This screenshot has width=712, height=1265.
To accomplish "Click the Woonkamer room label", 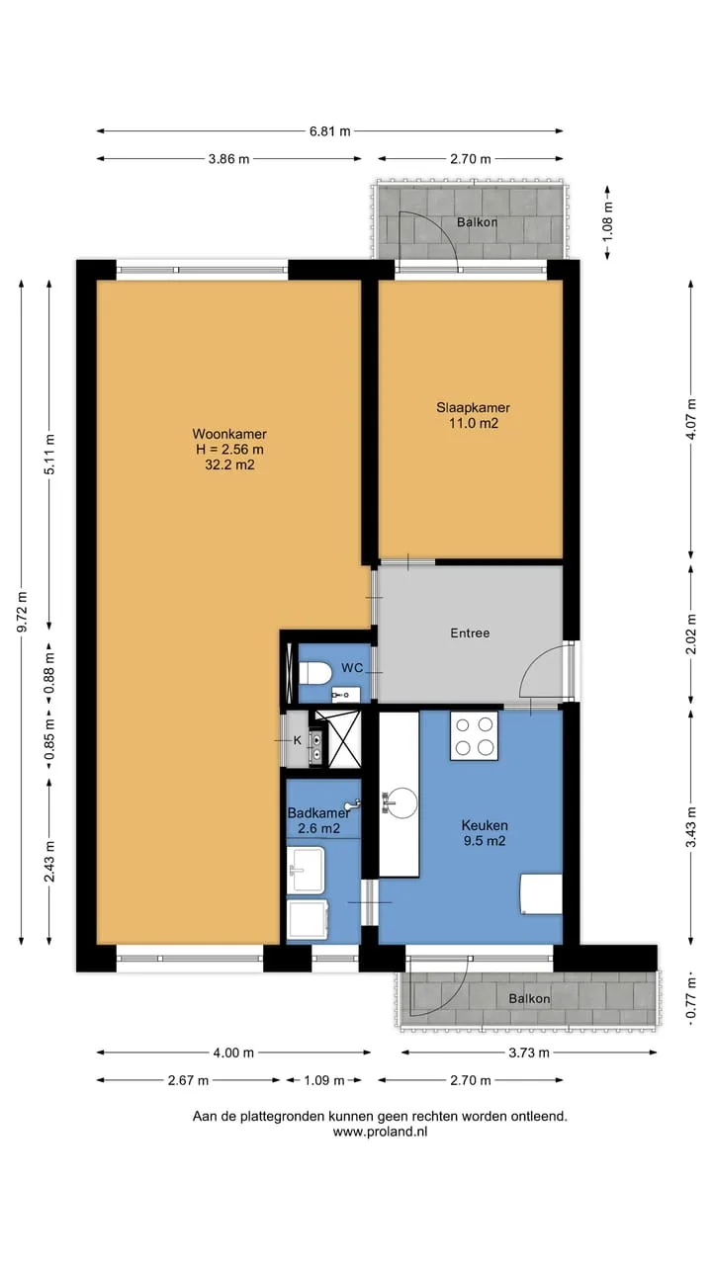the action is click(x=229, y=434).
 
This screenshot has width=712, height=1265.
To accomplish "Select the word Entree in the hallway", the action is click(x=470, y=633).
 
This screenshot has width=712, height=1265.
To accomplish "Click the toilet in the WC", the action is click(x=314, y=673).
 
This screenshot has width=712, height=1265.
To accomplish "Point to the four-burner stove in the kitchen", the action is click(x=474, y=735).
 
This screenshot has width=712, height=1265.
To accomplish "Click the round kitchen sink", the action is click(x=400, y=802).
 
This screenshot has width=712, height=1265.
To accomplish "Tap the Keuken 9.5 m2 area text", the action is click(x=485, y=833).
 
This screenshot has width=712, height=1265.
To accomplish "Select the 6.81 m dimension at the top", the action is click(x=329, y=131).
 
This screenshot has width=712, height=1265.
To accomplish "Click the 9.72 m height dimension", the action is click(x=22, y=612).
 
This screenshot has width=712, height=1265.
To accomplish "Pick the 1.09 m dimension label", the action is click(x=323, y=1080).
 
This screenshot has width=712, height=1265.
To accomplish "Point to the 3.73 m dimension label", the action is click(x=528, y=1053).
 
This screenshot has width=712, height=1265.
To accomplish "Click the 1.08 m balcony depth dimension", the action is click(x=607, y=222).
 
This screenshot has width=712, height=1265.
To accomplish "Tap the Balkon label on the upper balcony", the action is click(x=477, y=222).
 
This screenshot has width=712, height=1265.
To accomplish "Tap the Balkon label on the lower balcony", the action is click(x=529, y=998).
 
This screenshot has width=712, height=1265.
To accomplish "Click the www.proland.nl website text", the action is click(x=380, y=1132).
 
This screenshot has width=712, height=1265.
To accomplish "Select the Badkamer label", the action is click(x=318, y=812).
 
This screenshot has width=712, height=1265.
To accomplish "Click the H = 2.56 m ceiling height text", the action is click(x=229, y=450).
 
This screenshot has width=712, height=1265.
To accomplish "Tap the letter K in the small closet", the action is click(x=298, y=740).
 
